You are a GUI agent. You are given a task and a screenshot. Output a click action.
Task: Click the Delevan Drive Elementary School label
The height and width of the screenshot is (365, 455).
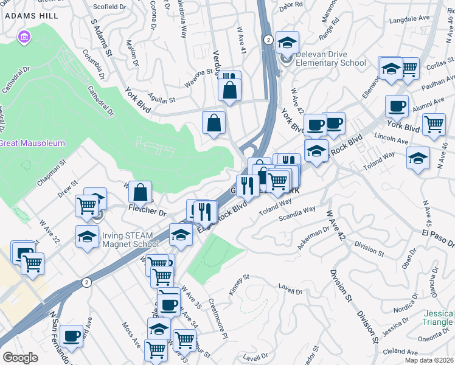click(x=331, y=58)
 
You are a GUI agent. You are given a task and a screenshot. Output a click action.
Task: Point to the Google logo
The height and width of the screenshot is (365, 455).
click(x=20, y=358)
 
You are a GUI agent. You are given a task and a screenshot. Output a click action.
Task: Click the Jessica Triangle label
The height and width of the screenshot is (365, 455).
click(x=437, y=318)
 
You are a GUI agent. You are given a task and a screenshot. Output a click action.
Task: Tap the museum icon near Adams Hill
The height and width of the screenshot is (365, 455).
click(x=24, y=38)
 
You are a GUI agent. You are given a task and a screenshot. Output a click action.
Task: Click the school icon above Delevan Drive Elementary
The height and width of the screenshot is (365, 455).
click(x=287, y=43)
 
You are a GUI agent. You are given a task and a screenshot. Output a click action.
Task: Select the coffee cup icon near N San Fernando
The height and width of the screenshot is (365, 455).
click(x=72, y=336)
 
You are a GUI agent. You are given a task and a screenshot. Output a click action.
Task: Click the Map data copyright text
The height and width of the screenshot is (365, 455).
click(x=429, y=360)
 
